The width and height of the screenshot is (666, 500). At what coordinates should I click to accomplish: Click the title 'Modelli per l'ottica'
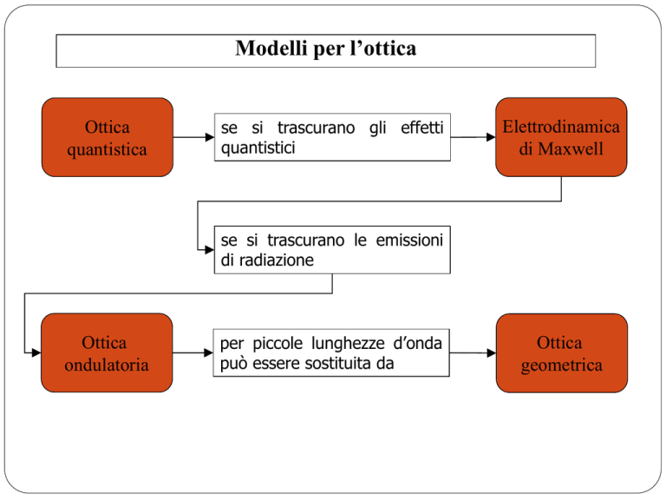click(326, 48)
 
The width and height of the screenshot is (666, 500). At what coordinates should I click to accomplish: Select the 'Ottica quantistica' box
click(108, 137)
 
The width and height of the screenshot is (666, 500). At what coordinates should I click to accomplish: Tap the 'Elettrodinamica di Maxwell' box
click(561, 137)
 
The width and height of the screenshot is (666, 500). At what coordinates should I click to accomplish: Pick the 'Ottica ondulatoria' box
click(107, 353)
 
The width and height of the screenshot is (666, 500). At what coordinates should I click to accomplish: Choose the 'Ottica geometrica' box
click(562, 353)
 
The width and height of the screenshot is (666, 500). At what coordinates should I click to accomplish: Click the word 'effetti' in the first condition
click(421, 128)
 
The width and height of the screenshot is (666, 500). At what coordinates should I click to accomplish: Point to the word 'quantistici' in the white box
click(258, 148)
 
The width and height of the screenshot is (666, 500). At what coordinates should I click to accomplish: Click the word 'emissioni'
click(409, 240)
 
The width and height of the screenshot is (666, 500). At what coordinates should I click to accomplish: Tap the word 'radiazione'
click(277, 260)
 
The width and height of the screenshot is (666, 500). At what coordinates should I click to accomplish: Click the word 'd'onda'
click(417, 343)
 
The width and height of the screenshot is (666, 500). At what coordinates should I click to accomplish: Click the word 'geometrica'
click(562, 365)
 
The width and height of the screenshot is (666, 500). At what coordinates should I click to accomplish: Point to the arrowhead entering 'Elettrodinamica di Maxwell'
click(491, 137)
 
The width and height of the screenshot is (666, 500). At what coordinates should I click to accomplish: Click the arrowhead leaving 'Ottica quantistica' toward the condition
click(210, 137)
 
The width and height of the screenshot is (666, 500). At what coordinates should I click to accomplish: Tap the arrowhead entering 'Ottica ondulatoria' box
click(36, 353)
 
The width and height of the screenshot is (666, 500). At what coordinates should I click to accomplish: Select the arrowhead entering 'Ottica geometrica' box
click(492, 353)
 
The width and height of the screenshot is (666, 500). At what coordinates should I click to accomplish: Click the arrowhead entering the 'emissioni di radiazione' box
click(210, 250)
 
